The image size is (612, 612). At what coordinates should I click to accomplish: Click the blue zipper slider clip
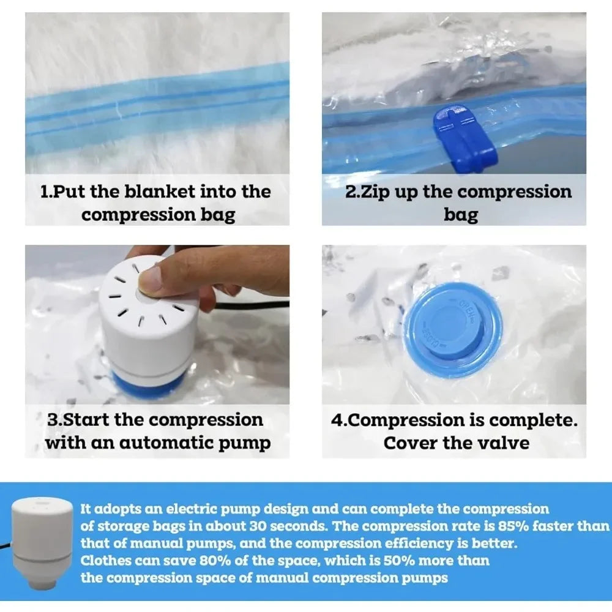click(465, 140)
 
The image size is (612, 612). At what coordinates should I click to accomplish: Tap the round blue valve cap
click(453, 330)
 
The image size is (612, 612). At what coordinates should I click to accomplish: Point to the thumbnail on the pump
click(150, 278)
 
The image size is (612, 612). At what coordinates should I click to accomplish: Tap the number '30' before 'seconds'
click(258, 526)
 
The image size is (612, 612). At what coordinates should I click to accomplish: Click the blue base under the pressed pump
click(151, 384)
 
